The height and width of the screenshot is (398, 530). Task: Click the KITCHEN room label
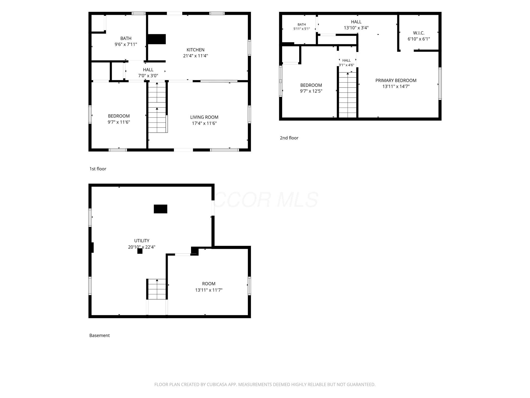195,50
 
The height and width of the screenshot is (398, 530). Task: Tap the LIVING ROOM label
204,117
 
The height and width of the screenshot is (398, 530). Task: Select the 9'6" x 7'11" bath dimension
126,44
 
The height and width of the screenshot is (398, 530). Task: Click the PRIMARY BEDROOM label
396,80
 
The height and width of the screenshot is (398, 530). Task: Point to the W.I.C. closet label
419,33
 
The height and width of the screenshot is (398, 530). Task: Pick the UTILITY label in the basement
142,241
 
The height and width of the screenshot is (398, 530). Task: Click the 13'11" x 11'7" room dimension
209,290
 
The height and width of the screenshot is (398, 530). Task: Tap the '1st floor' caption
98,169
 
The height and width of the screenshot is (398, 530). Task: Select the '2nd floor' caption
289,138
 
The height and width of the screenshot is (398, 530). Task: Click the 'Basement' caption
99,335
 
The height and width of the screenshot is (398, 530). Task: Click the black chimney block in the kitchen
156,39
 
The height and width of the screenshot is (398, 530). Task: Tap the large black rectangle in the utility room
160,209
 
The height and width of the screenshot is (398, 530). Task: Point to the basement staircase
157,289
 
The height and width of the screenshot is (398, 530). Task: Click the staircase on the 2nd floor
348,95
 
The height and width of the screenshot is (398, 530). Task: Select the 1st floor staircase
157,107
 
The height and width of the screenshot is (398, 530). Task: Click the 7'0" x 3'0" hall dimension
148,76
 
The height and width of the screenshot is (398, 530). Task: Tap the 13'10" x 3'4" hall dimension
356,28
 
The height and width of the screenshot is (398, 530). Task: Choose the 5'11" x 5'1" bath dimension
301,29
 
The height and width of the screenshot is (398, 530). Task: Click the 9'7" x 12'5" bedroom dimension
311,91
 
